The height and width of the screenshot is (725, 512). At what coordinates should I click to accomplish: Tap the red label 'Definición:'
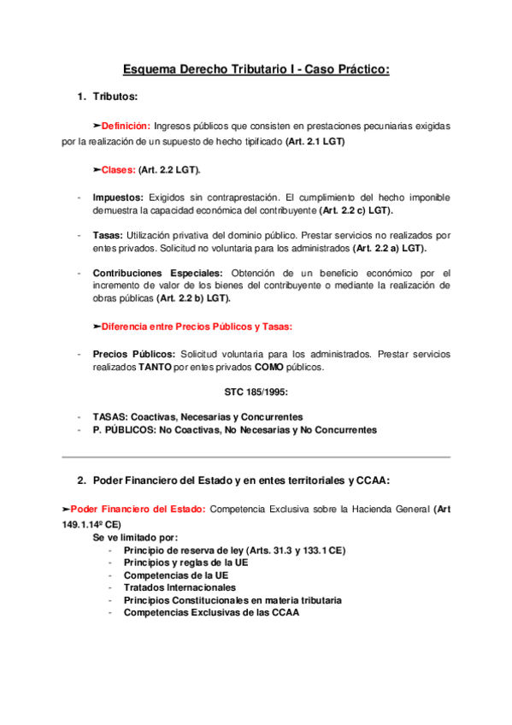(126, 127)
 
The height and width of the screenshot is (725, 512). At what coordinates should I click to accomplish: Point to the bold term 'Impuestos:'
(118, 197)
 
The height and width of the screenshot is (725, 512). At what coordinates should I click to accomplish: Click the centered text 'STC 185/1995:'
(255, 393)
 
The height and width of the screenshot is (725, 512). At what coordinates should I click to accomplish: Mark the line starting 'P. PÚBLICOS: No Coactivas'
(234, 430)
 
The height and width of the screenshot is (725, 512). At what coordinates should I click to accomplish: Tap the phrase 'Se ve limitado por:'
(134, 539)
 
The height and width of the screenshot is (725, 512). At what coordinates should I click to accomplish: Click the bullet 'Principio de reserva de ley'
(234, 551)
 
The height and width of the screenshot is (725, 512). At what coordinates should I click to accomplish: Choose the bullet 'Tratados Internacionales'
(179, 587)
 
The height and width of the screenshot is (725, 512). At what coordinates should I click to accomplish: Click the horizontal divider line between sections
(256, 457)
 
